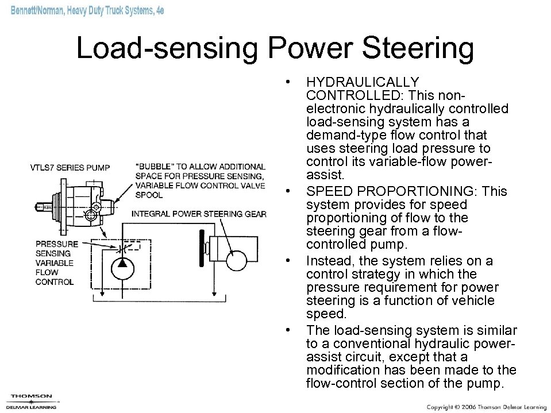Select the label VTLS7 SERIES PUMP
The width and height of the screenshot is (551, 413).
pos(70,168)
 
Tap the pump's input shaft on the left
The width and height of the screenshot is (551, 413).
pos(43,204)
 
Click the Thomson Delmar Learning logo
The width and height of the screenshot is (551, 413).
pos(32,401)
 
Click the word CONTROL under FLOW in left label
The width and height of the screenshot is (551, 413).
pos(54,281)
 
